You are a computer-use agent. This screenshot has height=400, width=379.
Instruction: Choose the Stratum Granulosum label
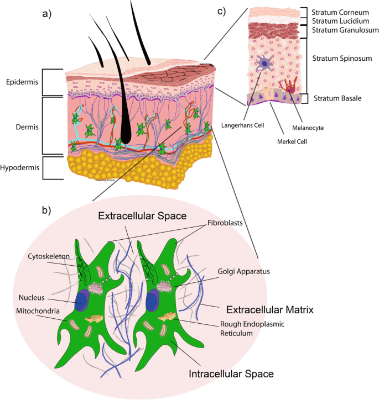[x=341, y=30]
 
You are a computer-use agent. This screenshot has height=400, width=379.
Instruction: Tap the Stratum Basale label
[x=337, y=99]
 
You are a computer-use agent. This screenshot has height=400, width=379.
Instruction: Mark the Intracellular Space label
[x=231, y=374]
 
